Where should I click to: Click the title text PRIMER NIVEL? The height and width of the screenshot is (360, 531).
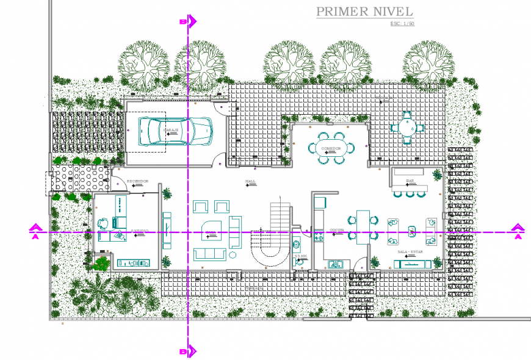click(364, 12)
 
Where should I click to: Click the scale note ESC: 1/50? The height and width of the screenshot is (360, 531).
click(402, 24)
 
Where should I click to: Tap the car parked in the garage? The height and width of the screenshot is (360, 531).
click(174, 130)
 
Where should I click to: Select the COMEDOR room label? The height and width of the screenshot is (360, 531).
click(331, 148)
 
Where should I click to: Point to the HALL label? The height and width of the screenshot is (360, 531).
click(251, 182)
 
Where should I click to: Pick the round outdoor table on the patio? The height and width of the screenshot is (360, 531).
click(407, 128)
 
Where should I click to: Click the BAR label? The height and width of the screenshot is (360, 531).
click(410, 181)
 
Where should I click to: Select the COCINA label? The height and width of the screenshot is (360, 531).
click(337, 231)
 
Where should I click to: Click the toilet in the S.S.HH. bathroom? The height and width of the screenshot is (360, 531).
click(298, 261)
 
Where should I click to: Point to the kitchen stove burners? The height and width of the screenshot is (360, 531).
click(318, 236)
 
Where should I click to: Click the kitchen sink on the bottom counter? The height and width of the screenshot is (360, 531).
click(335, 264)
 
